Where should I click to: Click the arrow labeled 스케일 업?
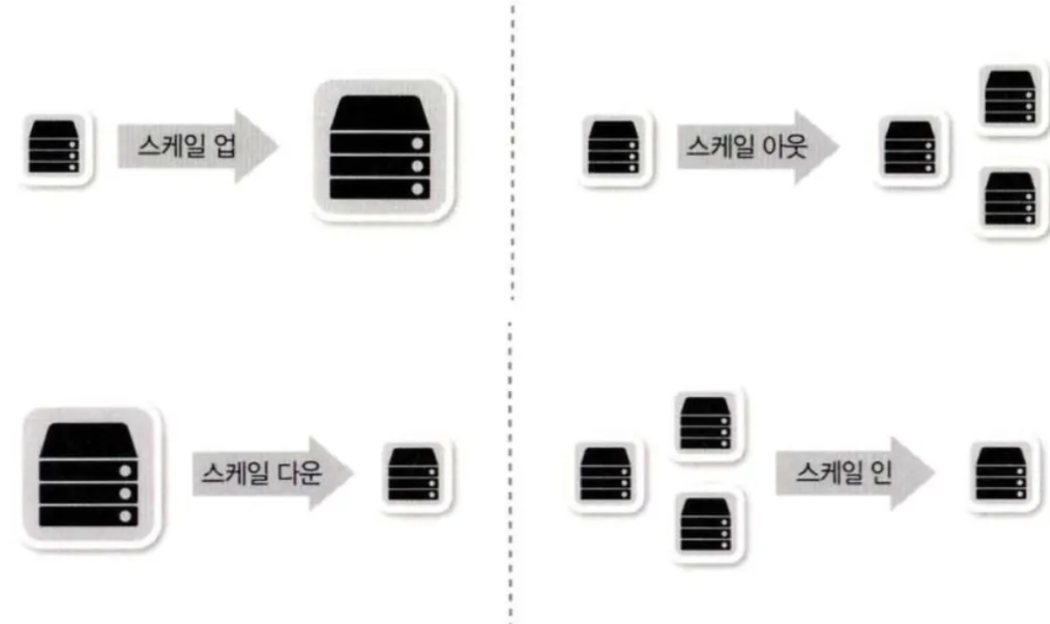point(198,146)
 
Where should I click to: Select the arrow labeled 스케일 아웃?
point(757,146)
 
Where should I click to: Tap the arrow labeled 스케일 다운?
point(272,473)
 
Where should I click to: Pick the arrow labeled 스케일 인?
point(853,473)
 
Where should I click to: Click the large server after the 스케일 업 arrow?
point(381,147)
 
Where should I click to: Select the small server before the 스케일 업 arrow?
point(55,147)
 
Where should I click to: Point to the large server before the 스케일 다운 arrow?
point(89,476)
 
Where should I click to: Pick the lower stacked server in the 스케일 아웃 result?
point(1010,199)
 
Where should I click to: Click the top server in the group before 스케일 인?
point(706,423)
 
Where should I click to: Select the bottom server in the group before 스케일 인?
point(706,524)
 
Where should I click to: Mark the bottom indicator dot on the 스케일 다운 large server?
point(127,516)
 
